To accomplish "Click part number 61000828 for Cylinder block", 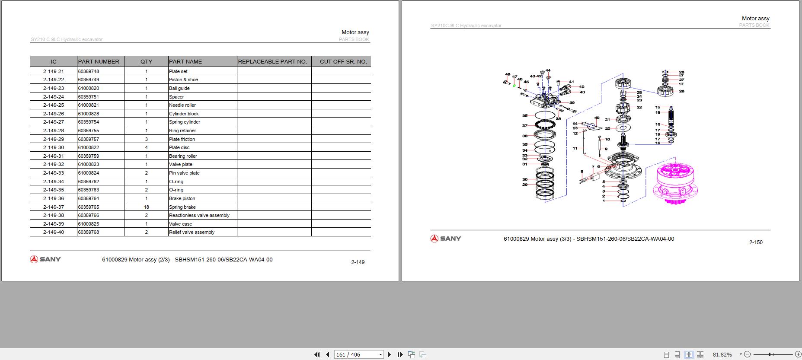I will point(89,114).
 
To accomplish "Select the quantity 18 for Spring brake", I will point(146,207).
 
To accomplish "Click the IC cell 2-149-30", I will point(54,147).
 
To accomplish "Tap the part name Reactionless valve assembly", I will point(199,215).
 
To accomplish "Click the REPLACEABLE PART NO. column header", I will point(272,61).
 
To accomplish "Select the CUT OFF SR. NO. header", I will point(343,61).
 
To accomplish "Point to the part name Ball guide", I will point(179,88).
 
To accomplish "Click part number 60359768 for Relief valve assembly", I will point(89,232).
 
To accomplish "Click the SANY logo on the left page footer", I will point(45,259).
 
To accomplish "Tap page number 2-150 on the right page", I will point(756,242).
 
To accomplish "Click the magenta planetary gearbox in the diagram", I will point(674,182).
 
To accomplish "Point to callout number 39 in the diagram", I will point(572,103).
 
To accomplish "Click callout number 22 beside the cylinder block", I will point(639,107).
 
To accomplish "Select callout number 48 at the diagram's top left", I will point(508,74).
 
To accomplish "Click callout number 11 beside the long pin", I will point(575,148).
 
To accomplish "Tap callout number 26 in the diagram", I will point(681,91).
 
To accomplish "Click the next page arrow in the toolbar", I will point(389,354).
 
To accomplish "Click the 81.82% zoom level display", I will point(722,354).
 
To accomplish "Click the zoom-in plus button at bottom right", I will point(798,354).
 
